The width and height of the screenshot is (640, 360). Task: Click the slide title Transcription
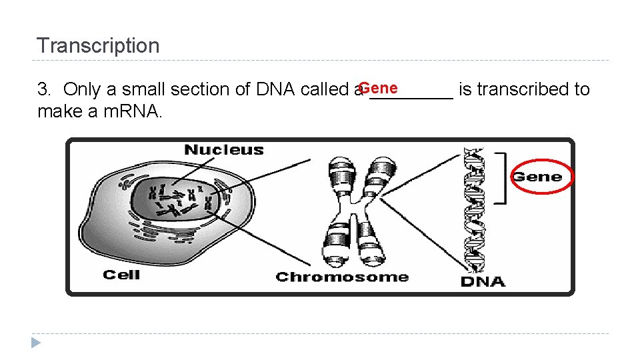click(x=98, y=46)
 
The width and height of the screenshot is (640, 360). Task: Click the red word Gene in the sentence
click(x=378, y=88)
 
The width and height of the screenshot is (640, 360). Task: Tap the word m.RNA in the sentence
click(x=132, y=111)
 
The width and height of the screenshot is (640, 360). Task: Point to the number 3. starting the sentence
click(x=45, y=89)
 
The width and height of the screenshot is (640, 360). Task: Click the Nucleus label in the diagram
click(x=223, y=150)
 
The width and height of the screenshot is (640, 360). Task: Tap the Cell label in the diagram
click(x=121, y=274)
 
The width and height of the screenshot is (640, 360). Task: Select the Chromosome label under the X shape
click(x=342, y=277)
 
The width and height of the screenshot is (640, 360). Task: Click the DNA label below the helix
click(x=483, y=281)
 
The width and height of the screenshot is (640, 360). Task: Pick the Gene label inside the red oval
click(x=537, y=177)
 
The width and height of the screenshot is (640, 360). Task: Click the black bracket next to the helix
click(x=502, y=176)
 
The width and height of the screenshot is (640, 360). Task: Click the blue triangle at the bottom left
click(x=36, y=343)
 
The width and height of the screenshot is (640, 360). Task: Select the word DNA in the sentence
click(x=276, y=89)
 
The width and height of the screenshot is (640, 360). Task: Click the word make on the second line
click(x=60, y=111)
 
